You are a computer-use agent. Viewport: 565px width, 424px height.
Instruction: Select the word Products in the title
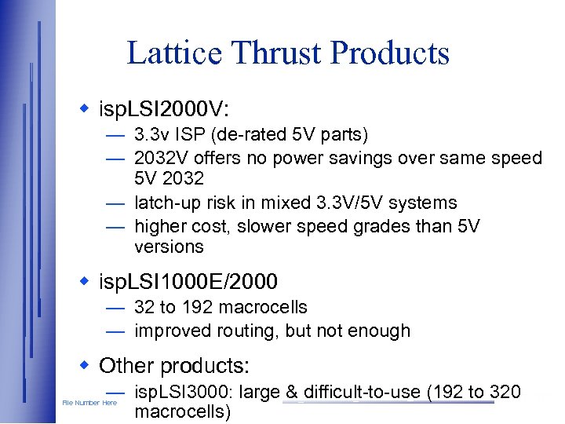[390, 53]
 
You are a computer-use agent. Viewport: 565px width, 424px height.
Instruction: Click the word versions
[169, 247]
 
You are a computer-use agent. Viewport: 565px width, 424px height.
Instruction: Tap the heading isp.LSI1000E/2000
[188, 281]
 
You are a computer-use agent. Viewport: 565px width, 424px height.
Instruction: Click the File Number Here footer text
[89, 403]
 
